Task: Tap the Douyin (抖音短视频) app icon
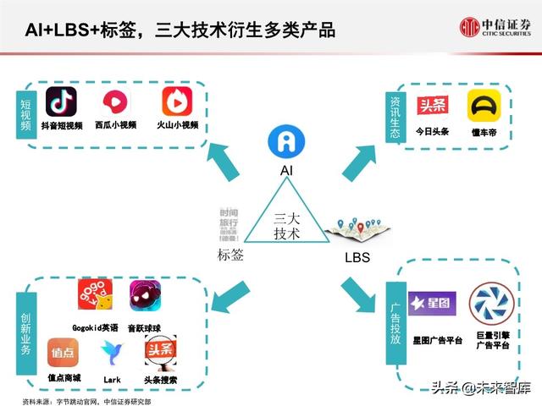pyautogui.click(x=61, y=102)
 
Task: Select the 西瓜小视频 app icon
pyautogui.click(x=116, y=103)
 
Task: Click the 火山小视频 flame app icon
pyautogui.click(x=177, y=102)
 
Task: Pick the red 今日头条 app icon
pyautogui.click(x=433, y=106)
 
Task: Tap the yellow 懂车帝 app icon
pyautogui.click(x=484, y=107)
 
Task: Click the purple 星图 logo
pyautogui.click(x=432, y=303)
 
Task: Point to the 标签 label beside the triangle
pyautogui.click(x=230, y=255)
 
